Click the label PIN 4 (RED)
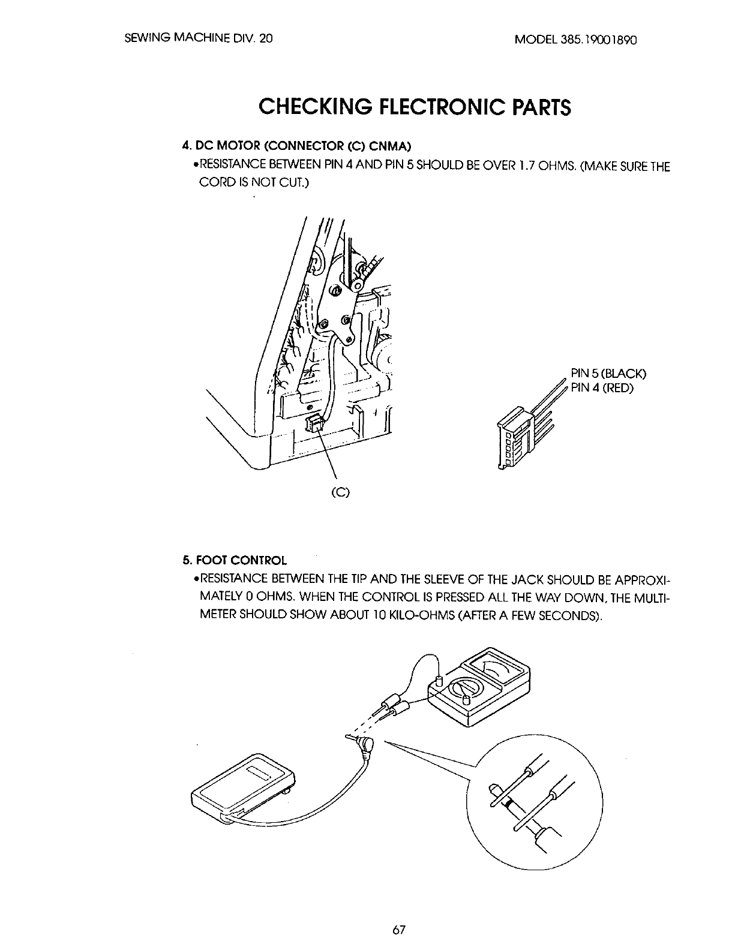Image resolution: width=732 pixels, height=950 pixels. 602,388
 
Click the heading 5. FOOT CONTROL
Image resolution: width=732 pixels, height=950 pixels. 235,560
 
